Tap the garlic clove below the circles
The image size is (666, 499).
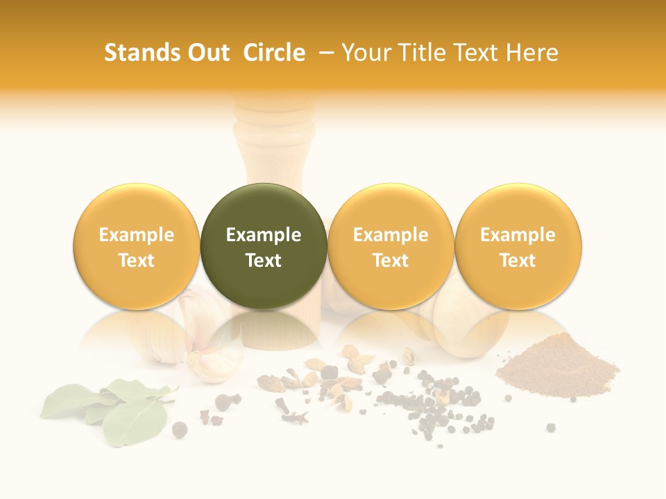(x=208, y=347)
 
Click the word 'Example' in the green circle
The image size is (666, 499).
(x=264, y=235)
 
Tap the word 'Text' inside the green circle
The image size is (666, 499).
(x=264, y=261)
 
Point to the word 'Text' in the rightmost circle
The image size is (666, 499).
(x=518, y=261)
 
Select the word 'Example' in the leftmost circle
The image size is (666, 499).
(x=137, y=235)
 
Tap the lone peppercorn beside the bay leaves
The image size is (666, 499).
(x=180, y=430)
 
